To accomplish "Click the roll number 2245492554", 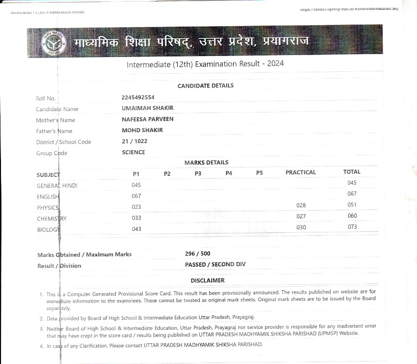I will coord(138,97).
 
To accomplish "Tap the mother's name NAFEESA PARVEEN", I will coord(147,119).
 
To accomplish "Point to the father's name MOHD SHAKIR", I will coord(142,130).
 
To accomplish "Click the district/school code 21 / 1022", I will coord(134,141).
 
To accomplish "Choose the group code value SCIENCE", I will coord(133,152).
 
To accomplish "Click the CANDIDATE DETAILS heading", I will coord(205,85).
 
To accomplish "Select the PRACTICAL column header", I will coord(300,172).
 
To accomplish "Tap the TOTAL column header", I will coord(352,172).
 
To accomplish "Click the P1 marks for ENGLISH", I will coord(136,196).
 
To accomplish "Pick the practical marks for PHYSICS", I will coord(301,205).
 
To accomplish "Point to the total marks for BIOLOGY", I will coord(352,227).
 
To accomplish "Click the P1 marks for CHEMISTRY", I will coord(136,218).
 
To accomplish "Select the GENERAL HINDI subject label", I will coord(57,186).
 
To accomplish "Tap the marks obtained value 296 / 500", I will coord(197,253).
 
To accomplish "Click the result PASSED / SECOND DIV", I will coord(215,264).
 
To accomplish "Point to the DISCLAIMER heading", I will coord(208,280).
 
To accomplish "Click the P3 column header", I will coord(198,173).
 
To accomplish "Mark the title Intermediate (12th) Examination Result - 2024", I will coord(205,64).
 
